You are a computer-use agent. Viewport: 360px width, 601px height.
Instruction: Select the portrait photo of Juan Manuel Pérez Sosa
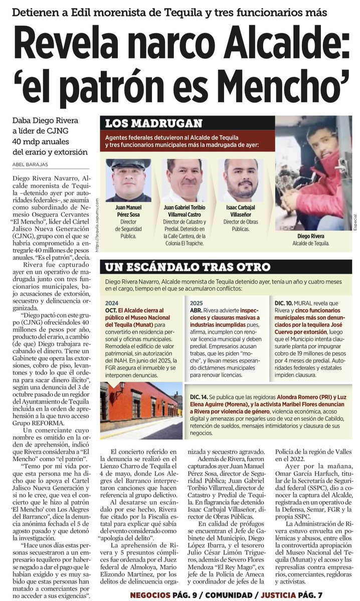click(x=128, y=180)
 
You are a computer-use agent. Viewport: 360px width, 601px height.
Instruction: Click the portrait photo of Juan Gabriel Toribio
click(x=185, y=180)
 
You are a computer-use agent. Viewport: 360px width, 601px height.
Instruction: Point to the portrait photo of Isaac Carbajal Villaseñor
click(x=241, y=180)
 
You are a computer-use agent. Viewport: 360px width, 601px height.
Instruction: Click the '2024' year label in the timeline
click(x=112, y=303)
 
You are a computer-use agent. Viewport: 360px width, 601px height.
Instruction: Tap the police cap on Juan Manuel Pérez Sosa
click(x=128, y=164)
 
